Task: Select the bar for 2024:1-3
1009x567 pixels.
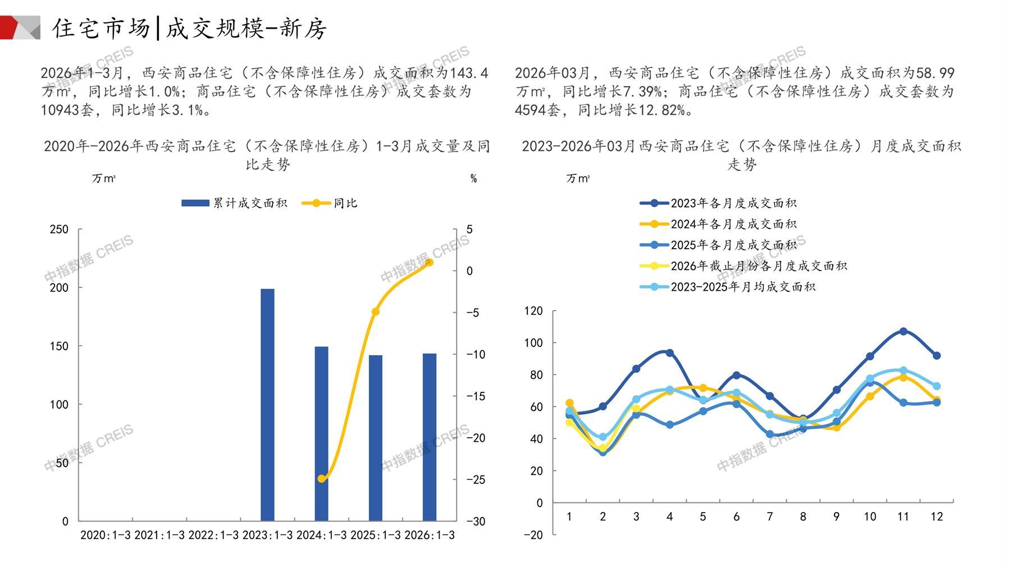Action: tap(321, 433)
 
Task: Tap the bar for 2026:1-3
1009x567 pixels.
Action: tap(430, 437)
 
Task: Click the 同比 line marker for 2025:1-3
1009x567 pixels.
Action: tap(376, 312)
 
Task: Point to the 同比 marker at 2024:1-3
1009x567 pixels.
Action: tap(322, 479)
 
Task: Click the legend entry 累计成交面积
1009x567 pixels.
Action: tap(235, 203)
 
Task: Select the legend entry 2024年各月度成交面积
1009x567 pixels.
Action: tap(718, 224)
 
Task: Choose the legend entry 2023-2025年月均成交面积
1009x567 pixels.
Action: tap(727, 287)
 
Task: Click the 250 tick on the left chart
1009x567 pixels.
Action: tap(59, 229)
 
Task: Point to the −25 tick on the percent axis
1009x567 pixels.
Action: tap(476, 479)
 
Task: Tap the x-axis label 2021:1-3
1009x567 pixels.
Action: tap(159, 535)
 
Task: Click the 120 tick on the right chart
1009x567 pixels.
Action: tap(533, 311)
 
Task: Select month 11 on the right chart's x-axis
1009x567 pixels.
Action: tap(903, 516)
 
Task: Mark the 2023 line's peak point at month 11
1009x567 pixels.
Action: tap(903, 331)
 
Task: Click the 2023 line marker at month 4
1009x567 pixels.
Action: tap(669, 353)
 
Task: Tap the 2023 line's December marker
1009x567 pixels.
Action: tap(937, 355)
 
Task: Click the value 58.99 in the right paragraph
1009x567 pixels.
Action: tap(935, 73)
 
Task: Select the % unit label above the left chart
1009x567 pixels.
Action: tap(473, 179)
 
